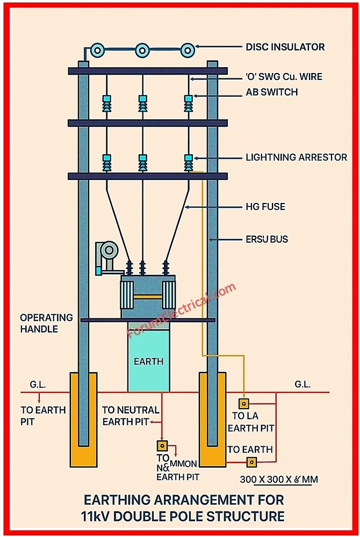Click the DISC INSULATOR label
(285, 47)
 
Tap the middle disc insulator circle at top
(142, 50)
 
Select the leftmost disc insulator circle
(98, 50)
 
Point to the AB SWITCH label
(271, 92)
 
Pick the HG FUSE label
(265, 207)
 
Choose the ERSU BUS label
(267, 239)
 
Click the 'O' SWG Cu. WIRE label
(284, 77)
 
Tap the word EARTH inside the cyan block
(148, 361)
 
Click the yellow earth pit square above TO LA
(244, 403)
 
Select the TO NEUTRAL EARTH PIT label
(130, 416)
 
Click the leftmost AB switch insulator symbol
(106, 103)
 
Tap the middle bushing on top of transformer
(142, 267)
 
